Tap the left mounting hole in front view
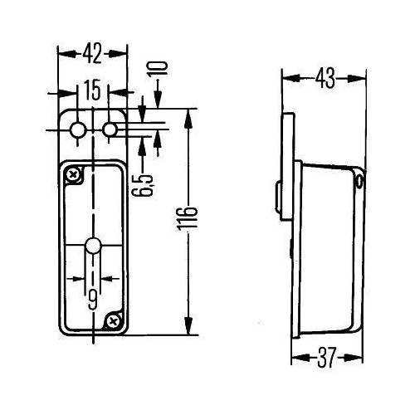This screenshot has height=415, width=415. coord(78,129)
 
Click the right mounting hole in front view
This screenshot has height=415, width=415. coord(110,129)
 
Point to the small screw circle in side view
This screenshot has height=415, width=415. coord(359,178)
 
